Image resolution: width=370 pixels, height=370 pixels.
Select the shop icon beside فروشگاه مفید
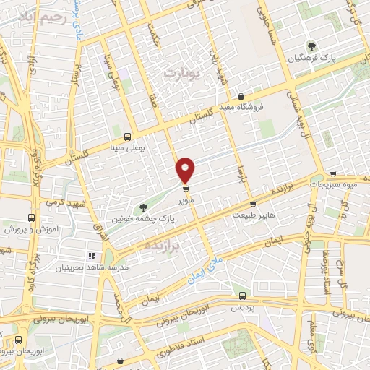pyautogui.click(x=241, y=97)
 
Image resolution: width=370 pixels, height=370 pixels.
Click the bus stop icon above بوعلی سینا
pyautogui.click(x=128, y=137)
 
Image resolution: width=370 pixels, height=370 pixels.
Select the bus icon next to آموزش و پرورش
pyautogui.click(x=31, y=217)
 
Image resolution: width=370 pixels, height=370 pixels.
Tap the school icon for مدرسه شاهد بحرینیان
pyautogui.click(x=92, y=256)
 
